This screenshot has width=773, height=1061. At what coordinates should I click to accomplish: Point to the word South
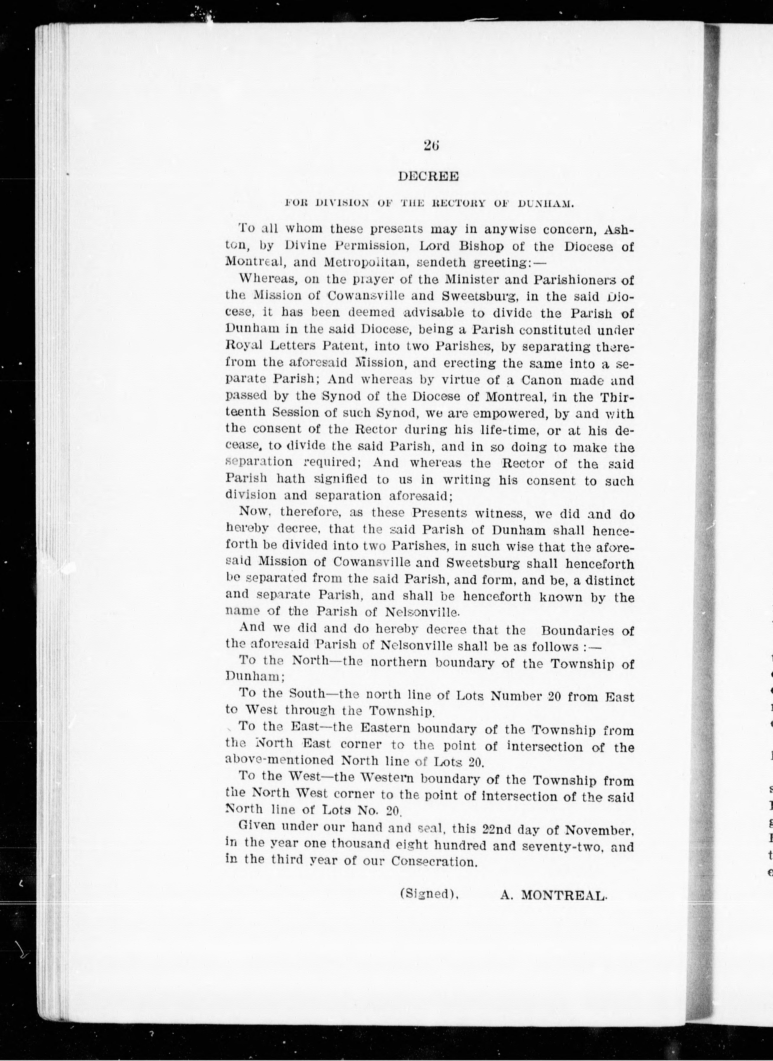click(x=307, y=693)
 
